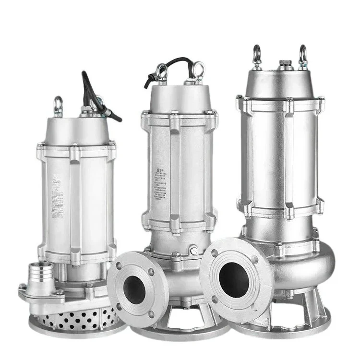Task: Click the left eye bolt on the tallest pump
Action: pos(257,54)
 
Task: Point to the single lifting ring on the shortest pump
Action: pos(58,104)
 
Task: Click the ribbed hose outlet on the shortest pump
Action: pos(41,278)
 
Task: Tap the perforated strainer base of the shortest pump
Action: pos(82,317)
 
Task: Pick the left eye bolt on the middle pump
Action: pos(162,72)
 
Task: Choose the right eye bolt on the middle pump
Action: pos(197,69)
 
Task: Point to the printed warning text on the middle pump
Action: pos(161,185)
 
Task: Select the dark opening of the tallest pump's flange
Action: pos(234,279)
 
